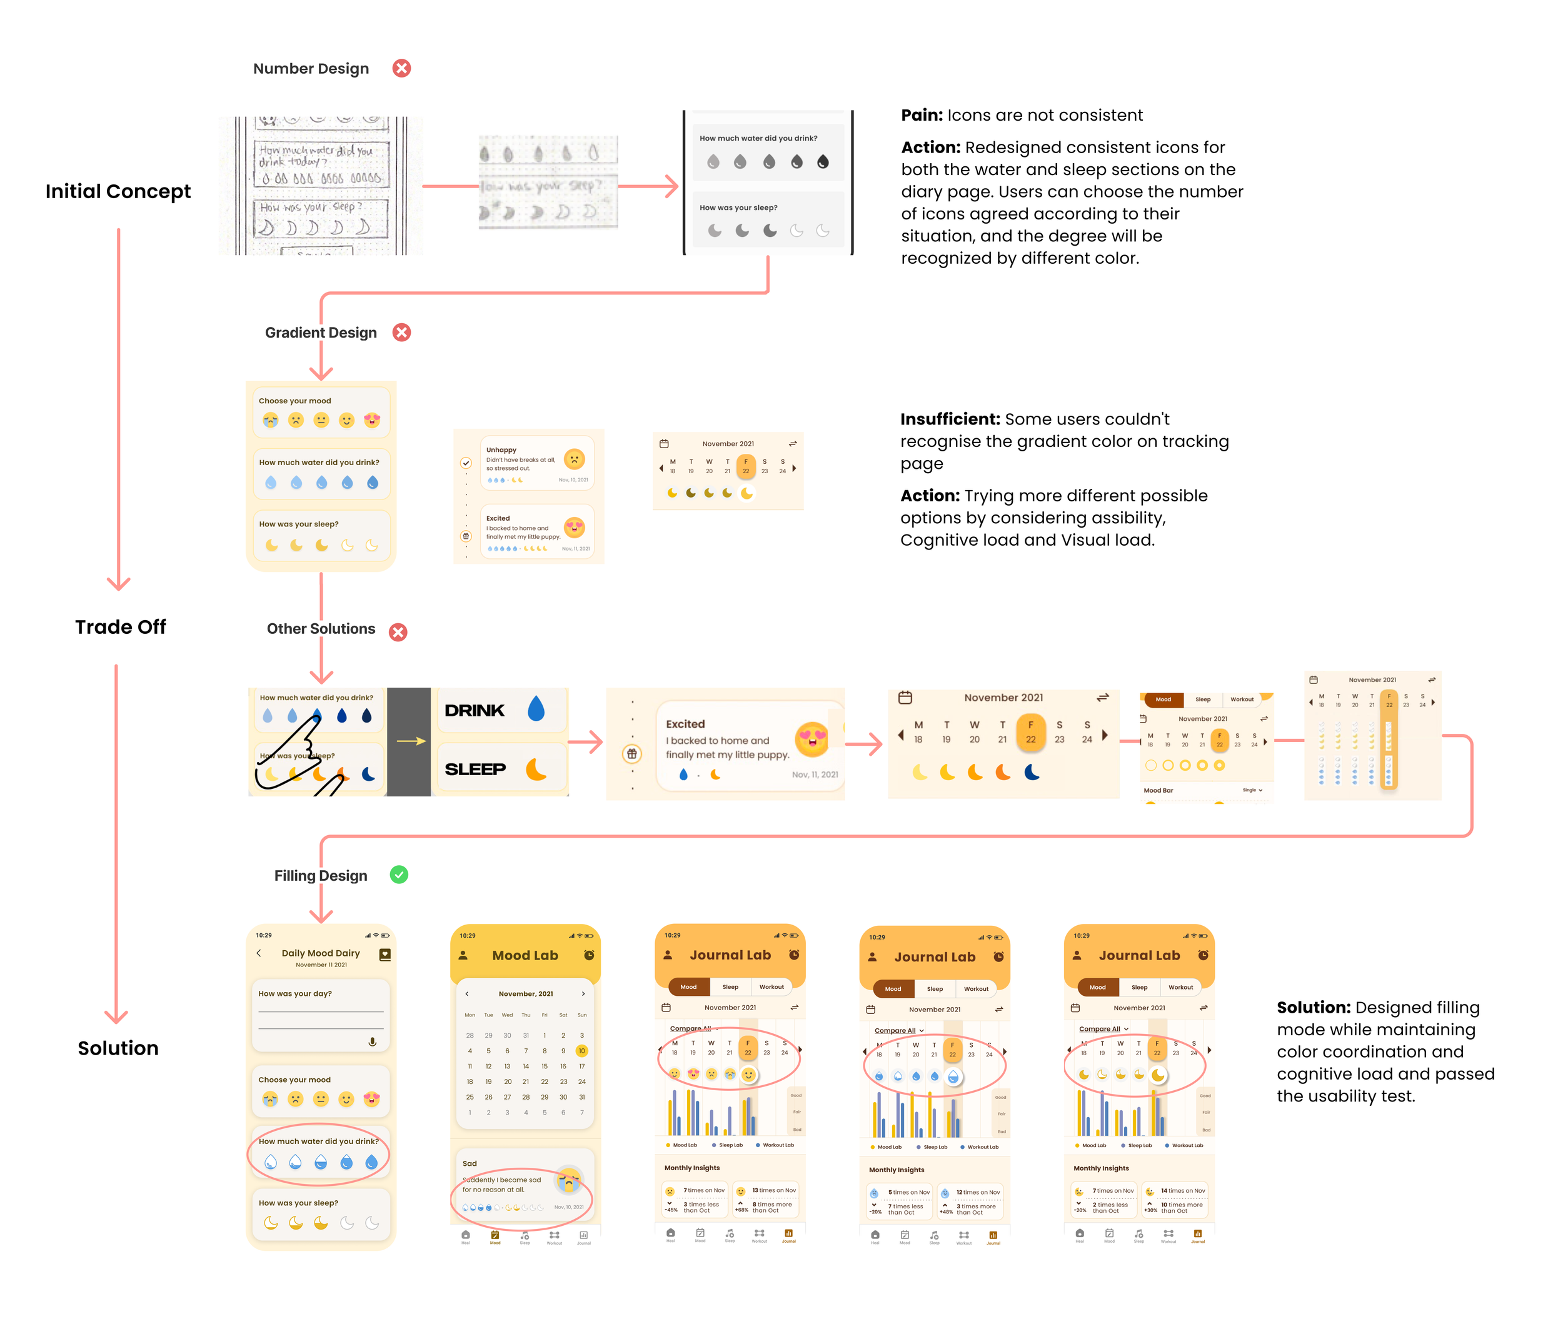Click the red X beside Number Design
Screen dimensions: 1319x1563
[401, 68]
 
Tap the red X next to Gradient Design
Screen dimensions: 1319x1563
[401, 333]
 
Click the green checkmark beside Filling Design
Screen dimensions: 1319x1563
[399, 875]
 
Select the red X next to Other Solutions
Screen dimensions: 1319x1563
[398, 632]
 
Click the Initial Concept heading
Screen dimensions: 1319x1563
[118, 191]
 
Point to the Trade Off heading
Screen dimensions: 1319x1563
[121, 626]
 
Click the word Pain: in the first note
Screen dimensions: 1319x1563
[922, 115]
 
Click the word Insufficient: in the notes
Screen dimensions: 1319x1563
[950, 419]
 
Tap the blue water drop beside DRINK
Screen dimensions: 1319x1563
[536, 708]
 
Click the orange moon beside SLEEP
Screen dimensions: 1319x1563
[536, 769]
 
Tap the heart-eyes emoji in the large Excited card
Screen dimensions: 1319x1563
[812, 739]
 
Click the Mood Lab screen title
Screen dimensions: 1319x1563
[525, 956]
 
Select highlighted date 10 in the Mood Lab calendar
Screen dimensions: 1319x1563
[582, 1051]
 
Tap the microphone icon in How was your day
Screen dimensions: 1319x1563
[373, 1041]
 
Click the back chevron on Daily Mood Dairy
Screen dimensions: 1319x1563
[259, 953]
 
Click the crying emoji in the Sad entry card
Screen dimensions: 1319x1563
[569, 1181]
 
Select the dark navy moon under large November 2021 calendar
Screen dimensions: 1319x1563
[1032, 771]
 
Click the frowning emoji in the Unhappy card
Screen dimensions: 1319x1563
[575, 458]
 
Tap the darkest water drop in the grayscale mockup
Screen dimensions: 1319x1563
[823, 161]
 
